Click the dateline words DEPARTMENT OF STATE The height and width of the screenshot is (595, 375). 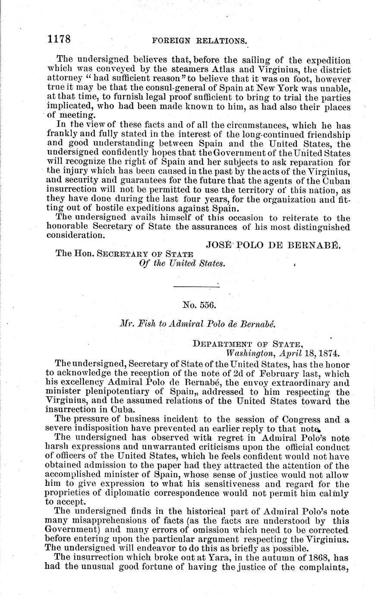coord(246,344)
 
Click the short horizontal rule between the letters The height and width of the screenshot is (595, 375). coord(196,285)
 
